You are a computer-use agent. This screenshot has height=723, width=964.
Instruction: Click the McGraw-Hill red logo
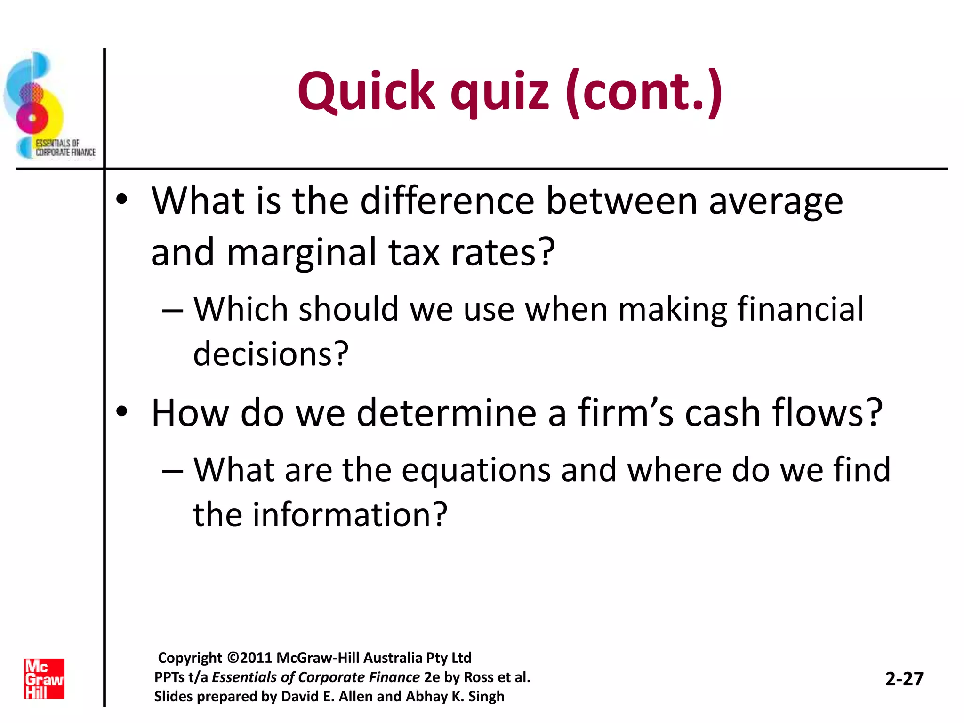click(44, 678)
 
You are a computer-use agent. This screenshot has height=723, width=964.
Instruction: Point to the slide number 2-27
click(904, 679)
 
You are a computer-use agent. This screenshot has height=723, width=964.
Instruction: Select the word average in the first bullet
click(776, 201)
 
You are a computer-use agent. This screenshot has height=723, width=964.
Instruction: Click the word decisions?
click(271, 354)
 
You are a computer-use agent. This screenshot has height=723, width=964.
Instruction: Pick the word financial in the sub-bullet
click(800, 309)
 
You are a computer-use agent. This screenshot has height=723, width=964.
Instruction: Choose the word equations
click(476, 470)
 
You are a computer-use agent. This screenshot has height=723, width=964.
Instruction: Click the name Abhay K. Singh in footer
click(455, 696)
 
